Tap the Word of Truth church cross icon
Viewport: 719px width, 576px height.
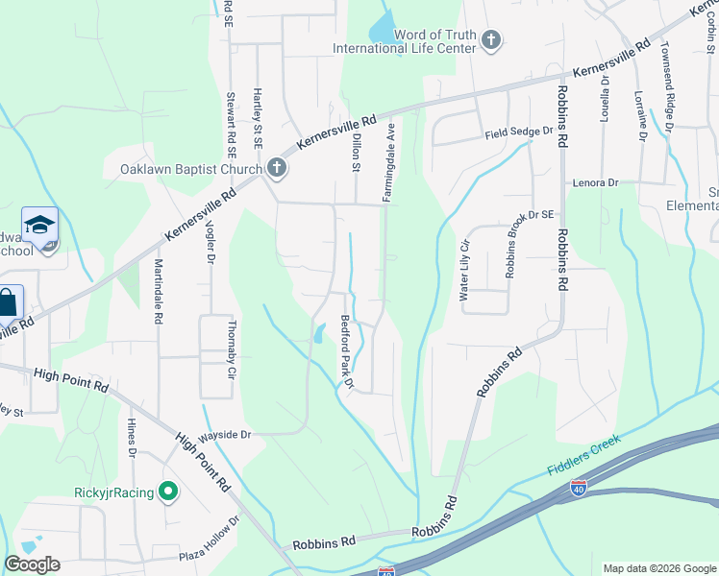(x=491, y=40)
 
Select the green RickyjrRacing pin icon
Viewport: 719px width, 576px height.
(x=168, y=493)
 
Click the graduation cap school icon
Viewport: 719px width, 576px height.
(x=39, y=226)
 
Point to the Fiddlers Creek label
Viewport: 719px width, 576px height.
(x=584, y=455)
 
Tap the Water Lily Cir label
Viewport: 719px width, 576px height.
(x=464, y=271)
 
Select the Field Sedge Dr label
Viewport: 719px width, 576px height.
(x=520, y=132)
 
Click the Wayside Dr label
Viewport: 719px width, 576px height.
(x=224, y=435)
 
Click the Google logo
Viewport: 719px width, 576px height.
(x=32, y=564)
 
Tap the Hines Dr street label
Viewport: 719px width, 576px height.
(x=131, y=438)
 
